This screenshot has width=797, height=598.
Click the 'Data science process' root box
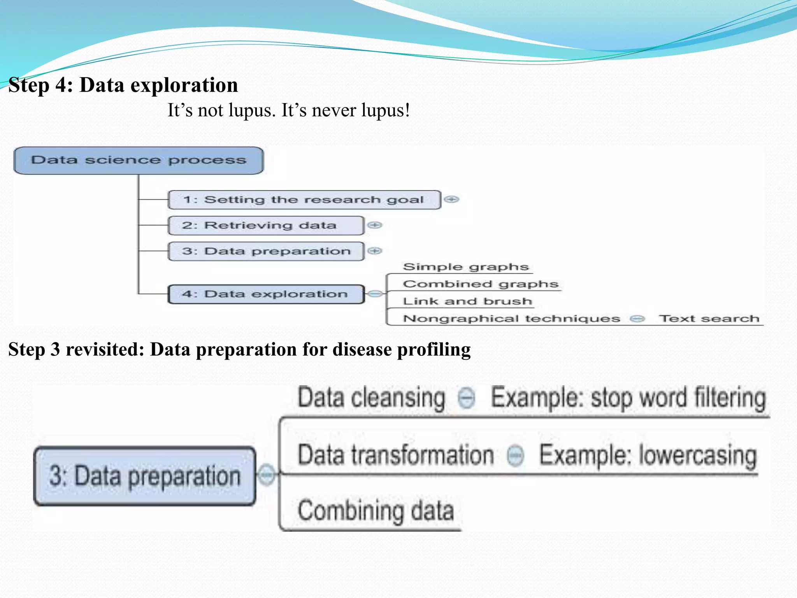[x=138, y=160]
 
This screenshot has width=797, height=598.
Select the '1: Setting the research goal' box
[x=304, y=200]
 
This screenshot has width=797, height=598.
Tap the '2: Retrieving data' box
[x=265, y=225]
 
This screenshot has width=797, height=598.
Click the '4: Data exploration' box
[x=265, y=294]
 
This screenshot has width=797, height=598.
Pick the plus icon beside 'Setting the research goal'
[x=451, y=199]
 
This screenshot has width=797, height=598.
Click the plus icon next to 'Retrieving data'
[x=375, y=225]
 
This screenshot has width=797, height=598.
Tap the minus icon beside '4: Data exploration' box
[x=375, y=294]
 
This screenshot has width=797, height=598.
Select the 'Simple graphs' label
[x=466, y=267]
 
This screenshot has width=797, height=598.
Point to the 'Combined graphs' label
[x=481, y=284]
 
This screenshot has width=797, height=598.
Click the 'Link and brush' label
[x=467, y=301]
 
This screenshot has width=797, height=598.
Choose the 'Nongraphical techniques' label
[x=511, y=319]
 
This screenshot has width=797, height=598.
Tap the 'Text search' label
[x=709, y=319]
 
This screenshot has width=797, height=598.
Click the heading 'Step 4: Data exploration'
[x=123, y=85]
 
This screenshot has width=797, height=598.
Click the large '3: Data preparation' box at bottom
[x=145, y=476]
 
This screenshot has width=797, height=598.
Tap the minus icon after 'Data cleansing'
[x=467, y=398]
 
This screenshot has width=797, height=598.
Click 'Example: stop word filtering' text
[x=628, y=398]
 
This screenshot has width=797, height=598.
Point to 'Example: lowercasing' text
[x=648, y=456]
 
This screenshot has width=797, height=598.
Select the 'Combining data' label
[x=376, y=511]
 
